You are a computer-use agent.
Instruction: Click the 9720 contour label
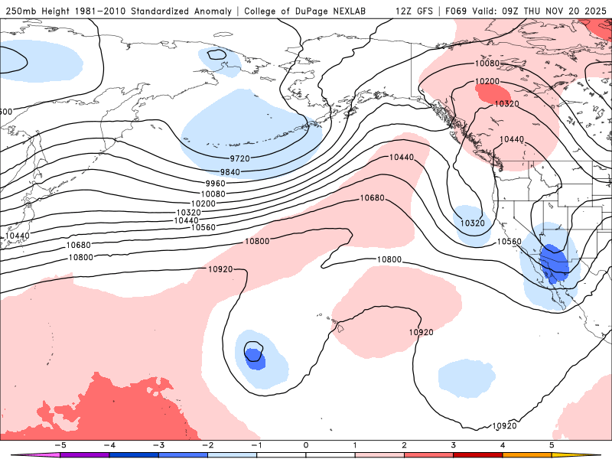(239, 158)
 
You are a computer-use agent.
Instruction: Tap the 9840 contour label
(229, 171)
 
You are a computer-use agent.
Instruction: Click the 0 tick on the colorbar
(306, 444)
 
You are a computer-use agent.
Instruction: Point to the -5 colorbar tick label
(58, 444)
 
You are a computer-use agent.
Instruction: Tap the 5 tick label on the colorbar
(552, 444)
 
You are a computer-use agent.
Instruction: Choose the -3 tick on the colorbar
(157, 444)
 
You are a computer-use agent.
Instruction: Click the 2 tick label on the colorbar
(405, 444)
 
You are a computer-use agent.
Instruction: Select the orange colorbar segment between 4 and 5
(527, 454)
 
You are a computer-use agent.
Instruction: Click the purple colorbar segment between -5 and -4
(84, 454)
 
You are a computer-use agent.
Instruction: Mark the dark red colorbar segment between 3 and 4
(478, 454)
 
